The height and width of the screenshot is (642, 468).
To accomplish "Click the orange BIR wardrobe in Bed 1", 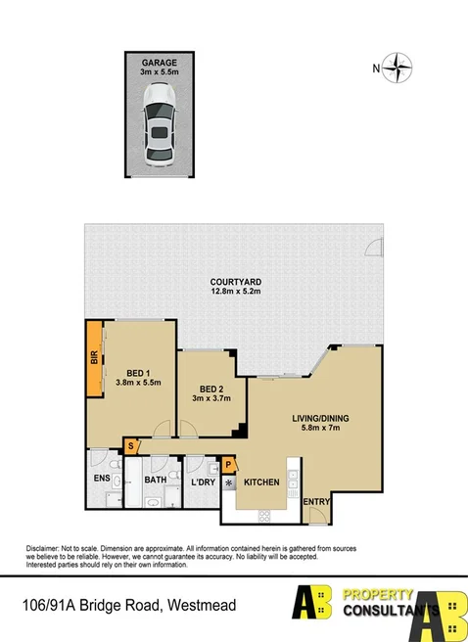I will click(x=94, y=359).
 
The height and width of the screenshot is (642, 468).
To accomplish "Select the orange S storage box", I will click(x=131, y=445).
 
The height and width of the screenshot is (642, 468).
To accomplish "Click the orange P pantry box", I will click(x=229, y=465).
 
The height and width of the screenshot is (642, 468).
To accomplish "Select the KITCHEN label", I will click(x=262, y=482).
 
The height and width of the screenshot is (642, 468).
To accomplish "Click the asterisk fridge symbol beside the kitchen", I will click(x=230, y=482).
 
